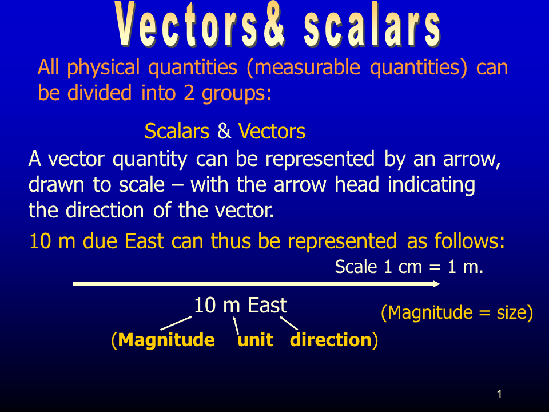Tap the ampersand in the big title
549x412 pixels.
click(x=273, y=24)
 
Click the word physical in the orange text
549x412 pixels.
click(x=104, y=68)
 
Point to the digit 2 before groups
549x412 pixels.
click(x=189, y=93)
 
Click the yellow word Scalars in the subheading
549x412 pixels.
click(x=177, y=132)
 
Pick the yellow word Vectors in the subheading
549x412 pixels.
click(x=272, y=132)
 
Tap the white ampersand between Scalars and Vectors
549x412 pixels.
click(x=224, y=132)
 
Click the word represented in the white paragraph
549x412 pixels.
click(x=320, y=159)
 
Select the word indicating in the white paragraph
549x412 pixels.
click(x=431, y=185)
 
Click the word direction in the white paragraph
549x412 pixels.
click(x=105, y=210)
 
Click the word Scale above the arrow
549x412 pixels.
click(x=356, y=267)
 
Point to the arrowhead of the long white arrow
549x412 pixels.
click(x=437, y=284)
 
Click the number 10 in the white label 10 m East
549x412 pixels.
click(x=205, y=305)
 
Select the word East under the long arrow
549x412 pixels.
click(x=268, y=305)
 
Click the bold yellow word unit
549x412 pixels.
click(x=255, y=340)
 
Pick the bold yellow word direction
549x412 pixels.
click(x=331, y=340)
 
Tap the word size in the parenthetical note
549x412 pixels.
click(x=511, y=313)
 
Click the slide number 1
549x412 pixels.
click(x=500, y=394)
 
